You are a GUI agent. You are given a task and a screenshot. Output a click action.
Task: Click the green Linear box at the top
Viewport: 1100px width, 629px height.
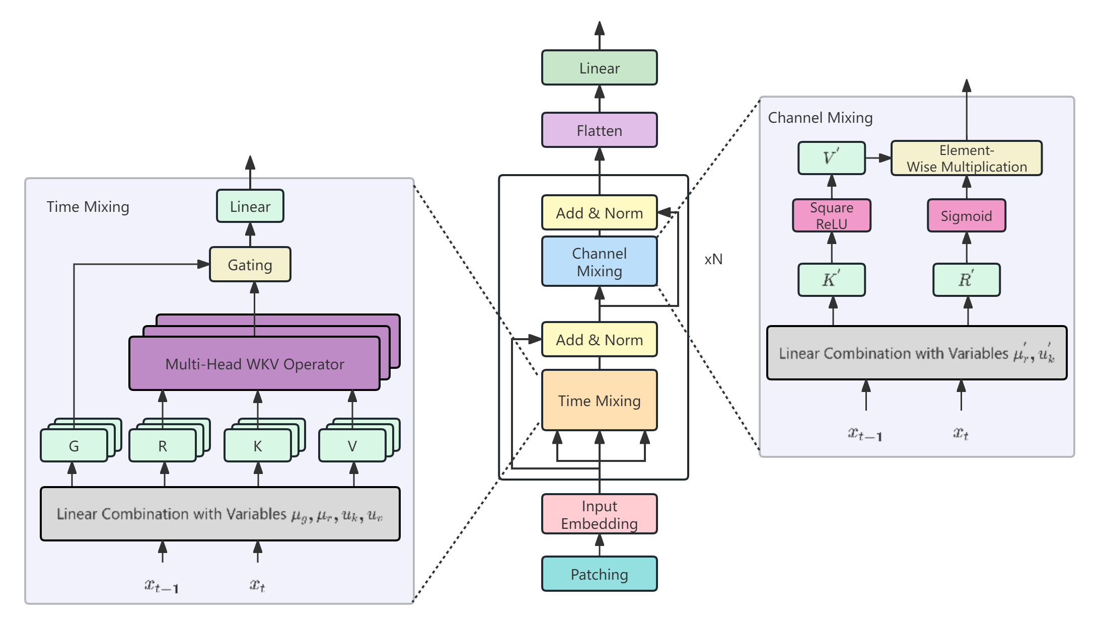[599, 68]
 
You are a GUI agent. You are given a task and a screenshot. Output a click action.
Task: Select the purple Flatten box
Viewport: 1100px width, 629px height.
[599, 130]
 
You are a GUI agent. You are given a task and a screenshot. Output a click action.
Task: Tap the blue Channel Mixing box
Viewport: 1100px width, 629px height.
[599, 262]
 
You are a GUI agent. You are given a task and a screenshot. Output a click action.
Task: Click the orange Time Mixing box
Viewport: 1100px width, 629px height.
[599, 401]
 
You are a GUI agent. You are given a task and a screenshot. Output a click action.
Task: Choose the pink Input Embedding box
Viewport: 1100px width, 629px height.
[599, 514]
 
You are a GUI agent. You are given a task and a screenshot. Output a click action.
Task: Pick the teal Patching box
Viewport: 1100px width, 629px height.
[599, 574]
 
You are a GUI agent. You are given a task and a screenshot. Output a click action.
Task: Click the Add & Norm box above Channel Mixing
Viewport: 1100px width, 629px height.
[599, 213]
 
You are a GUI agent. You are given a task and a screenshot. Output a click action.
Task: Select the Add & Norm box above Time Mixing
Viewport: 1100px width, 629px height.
[599, 340]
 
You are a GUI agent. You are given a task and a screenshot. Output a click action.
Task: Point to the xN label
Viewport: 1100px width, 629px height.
[713, 259]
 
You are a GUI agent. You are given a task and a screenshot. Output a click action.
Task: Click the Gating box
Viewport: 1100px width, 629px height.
[250, 265]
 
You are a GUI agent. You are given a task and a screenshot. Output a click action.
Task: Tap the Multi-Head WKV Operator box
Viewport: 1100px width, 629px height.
[254, 364]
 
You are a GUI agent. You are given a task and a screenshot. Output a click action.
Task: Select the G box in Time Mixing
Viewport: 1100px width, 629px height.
[74, 446]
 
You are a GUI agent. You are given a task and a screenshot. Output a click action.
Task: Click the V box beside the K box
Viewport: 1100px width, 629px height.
[352, 446]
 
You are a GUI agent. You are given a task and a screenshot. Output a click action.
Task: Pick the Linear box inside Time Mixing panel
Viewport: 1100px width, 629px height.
[250, 206]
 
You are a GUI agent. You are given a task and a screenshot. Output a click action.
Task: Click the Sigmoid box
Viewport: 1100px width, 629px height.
[966, 216]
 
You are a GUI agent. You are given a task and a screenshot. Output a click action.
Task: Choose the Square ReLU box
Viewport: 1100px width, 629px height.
[831, 216]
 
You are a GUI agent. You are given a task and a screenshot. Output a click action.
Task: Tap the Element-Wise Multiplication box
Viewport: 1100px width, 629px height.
[966, 159]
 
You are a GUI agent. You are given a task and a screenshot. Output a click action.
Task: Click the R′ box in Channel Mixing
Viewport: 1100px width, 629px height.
[966, 280]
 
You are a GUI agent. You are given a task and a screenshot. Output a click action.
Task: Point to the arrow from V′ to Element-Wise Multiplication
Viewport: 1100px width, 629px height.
[878, 158]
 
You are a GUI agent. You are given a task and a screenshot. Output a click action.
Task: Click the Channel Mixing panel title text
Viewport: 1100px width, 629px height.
[820, 118]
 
